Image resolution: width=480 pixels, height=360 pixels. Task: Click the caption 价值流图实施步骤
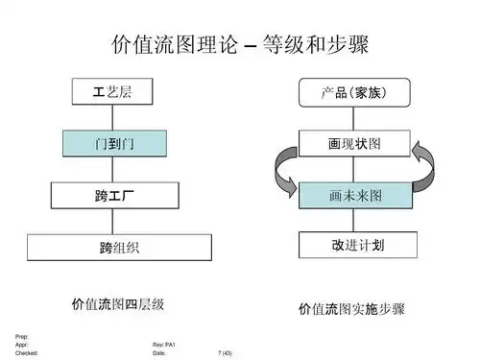coord(351,309)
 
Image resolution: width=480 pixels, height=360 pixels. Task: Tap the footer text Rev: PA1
coord(164,345)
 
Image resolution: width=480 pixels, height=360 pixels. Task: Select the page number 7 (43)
coord(227,352)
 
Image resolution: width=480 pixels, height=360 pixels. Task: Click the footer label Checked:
coord(27,352)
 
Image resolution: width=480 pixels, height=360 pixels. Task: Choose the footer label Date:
coord(159,352)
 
